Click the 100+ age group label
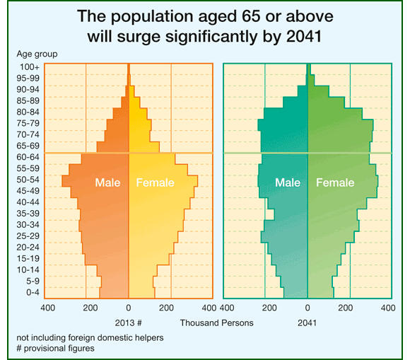(x=30, y=67)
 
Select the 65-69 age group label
(x=28, y=146)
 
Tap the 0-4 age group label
(x=33, y=292)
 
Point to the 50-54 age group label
(x=28, y=180)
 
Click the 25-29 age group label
(x=28, y=236)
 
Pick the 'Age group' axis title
(x=37, y=54)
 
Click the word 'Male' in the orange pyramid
(x=107, y=182)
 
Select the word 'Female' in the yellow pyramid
(x=155, y=182)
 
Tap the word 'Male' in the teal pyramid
(x=288, y=182)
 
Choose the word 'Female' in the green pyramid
(x=335, y=182)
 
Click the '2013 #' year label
(x=129, y=323)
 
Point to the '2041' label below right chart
(x=307, y=323)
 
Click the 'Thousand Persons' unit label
(x=216, y=323)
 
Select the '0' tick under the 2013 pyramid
(x=129, y=308)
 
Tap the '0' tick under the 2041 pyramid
(x=307, y=308)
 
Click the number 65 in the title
(x=251, y=16)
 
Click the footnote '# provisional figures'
(x=55, y=348)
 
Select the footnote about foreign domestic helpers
(x=90, y=338)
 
